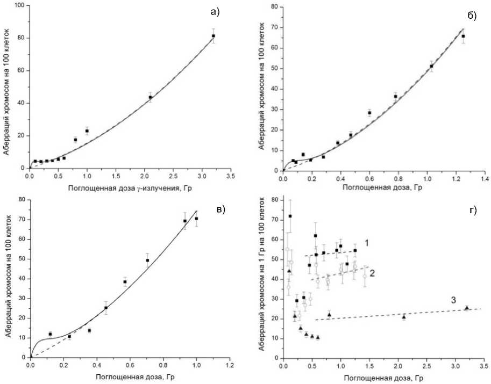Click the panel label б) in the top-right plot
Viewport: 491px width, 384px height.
pos(471,16)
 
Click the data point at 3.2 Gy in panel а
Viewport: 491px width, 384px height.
pos(214,36)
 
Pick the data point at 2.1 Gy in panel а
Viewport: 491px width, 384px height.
pos(151,97)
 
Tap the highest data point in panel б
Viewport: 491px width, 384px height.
pos(463,37)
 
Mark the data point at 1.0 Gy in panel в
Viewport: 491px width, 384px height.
pos(196,219)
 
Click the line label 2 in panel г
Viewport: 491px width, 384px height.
pos(372,272)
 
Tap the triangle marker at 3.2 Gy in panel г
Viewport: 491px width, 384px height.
pos(466,308)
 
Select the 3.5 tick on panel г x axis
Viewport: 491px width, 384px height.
pos(483,367)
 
